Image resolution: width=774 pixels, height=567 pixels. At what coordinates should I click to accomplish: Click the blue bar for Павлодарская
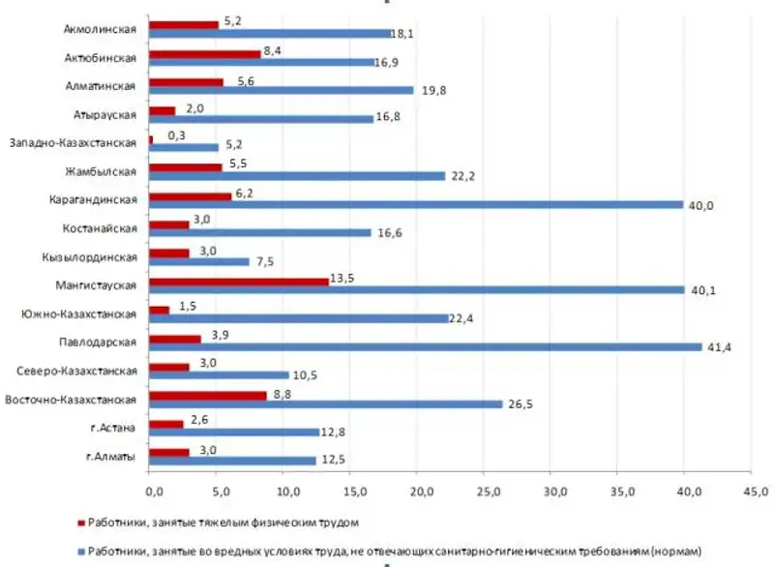(x=426, y=346)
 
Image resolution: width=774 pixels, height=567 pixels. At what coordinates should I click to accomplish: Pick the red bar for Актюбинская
(x=205, y=54)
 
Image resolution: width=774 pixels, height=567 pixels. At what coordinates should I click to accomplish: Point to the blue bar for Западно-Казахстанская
(x=185, y=148)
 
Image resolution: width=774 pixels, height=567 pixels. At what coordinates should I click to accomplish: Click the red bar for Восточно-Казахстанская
(x=208, y=395)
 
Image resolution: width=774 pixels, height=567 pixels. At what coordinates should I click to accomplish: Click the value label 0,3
(x=175, y=135)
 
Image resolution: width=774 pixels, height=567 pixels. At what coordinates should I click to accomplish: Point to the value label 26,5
(x=523, y=404)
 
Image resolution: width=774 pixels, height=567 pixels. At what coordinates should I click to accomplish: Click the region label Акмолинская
(x=100, y=30)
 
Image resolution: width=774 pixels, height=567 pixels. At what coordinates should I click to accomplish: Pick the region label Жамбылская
(x=104, y=172)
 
